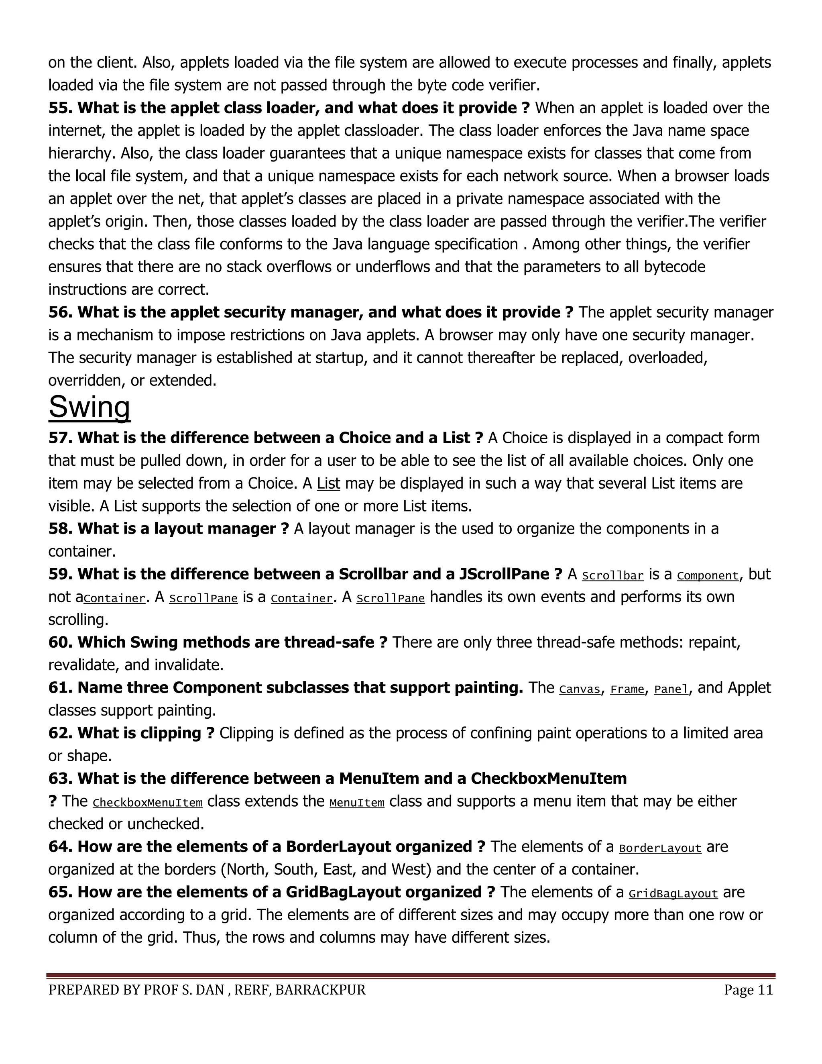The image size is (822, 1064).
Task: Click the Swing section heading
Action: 89,407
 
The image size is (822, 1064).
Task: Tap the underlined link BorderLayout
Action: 660,848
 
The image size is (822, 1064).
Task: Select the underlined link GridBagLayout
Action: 673,893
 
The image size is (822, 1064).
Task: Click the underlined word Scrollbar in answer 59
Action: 612,575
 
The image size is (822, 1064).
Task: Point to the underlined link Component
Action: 708,575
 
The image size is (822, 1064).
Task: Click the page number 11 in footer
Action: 765,990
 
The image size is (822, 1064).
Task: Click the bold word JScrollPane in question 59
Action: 504,574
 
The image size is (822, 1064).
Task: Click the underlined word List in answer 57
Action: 328,483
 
